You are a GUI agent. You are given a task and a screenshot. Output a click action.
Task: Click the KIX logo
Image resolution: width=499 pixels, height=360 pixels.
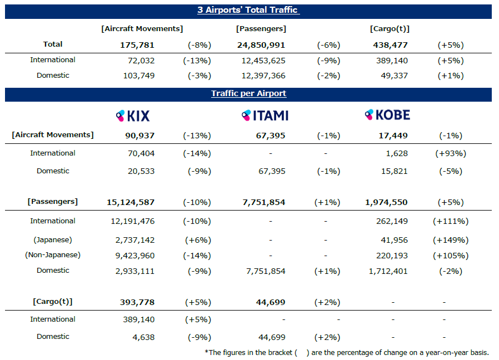coord(133,116)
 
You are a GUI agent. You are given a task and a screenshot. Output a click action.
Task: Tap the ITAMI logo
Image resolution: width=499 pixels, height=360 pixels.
coord(265,115)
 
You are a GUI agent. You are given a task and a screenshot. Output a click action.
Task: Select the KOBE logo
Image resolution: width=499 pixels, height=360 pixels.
coord(387,114)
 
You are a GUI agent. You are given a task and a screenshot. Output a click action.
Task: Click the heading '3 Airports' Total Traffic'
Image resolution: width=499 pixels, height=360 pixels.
coord(248,10)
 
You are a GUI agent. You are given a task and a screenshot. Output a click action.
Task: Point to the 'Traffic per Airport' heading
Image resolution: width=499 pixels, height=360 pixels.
coord(248,93)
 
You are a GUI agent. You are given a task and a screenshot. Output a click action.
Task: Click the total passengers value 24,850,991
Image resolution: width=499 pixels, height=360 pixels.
coord(261,45)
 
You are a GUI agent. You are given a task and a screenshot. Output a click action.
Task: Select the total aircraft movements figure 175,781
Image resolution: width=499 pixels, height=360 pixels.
coord(137,45)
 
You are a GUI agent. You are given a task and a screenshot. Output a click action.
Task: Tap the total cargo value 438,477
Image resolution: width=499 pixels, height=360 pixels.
coord(390,45)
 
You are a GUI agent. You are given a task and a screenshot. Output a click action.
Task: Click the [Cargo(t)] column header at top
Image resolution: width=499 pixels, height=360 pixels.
coord(390,29)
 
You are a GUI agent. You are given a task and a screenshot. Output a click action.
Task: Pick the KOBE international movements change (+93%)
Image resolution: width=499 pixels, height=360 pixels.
coord(451,153)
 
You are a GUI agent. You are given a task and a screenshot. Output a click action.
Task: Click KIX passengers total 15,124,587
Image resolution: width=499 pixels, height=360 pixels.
coord(131,202)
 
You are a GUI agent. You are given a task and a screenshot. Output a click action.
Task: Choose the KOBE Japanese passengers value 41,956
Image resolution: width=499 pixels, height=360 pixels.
coord(394,240)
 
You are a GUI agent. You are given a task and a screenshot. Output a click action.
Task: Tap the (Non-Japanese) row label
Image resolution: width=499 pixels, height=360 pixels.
coord(53,255)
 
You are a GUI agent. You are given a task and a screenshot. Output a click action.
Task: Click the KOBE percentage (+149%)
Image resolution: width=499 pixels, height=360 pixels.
coord(451,240)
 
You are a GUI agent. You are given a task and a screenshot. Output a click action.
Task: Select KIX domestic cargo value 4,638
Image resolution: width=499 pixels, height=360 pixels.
coord(143,337)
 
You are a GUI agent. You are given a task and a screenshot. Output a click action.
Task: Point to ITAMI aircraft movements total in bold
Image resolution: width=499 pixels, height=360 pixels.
coord(271,136)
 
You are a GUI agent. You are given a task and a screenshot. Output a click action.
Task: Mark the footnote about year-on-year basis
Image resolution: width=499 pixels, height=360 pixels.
coord(347,353)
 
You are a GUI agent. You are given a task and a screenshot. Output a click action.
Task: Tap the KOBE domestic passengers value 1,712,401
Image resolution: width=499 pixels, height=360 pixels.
coord(388,271)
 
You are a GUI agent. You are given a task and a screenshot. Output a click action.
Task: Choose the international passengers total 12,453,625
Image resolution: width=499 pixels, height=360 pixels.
coord(263,61)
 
